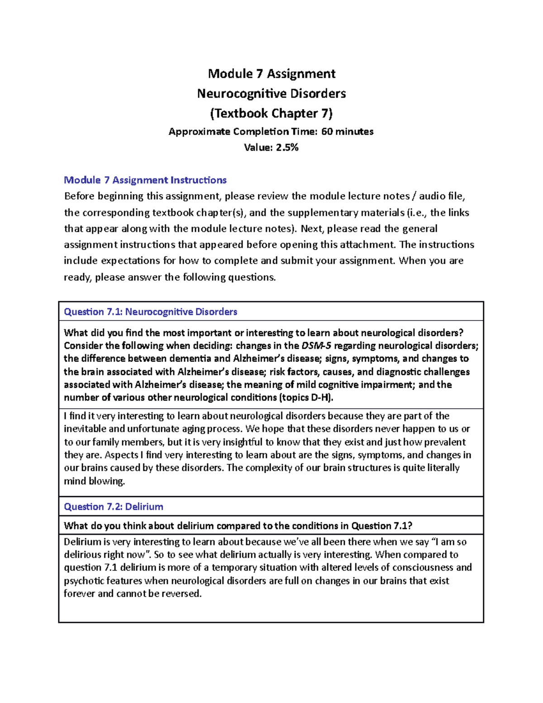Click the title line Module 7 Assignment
click(x=271, y=73)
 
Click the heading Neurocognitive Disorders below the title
click(x=271, y=93)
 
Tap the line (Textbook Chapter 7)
click(x=271, y=113)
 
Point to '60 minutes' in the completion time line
click(x=347, y=132)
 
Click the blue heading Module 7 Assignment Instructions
click(x=145, y=180)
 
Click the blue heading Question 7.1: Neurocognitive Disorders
click(x=150, y=312)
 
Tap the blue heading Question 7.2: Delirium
click(x=113, y=507)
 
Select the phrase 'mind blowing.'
click(x=94, y=481)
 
